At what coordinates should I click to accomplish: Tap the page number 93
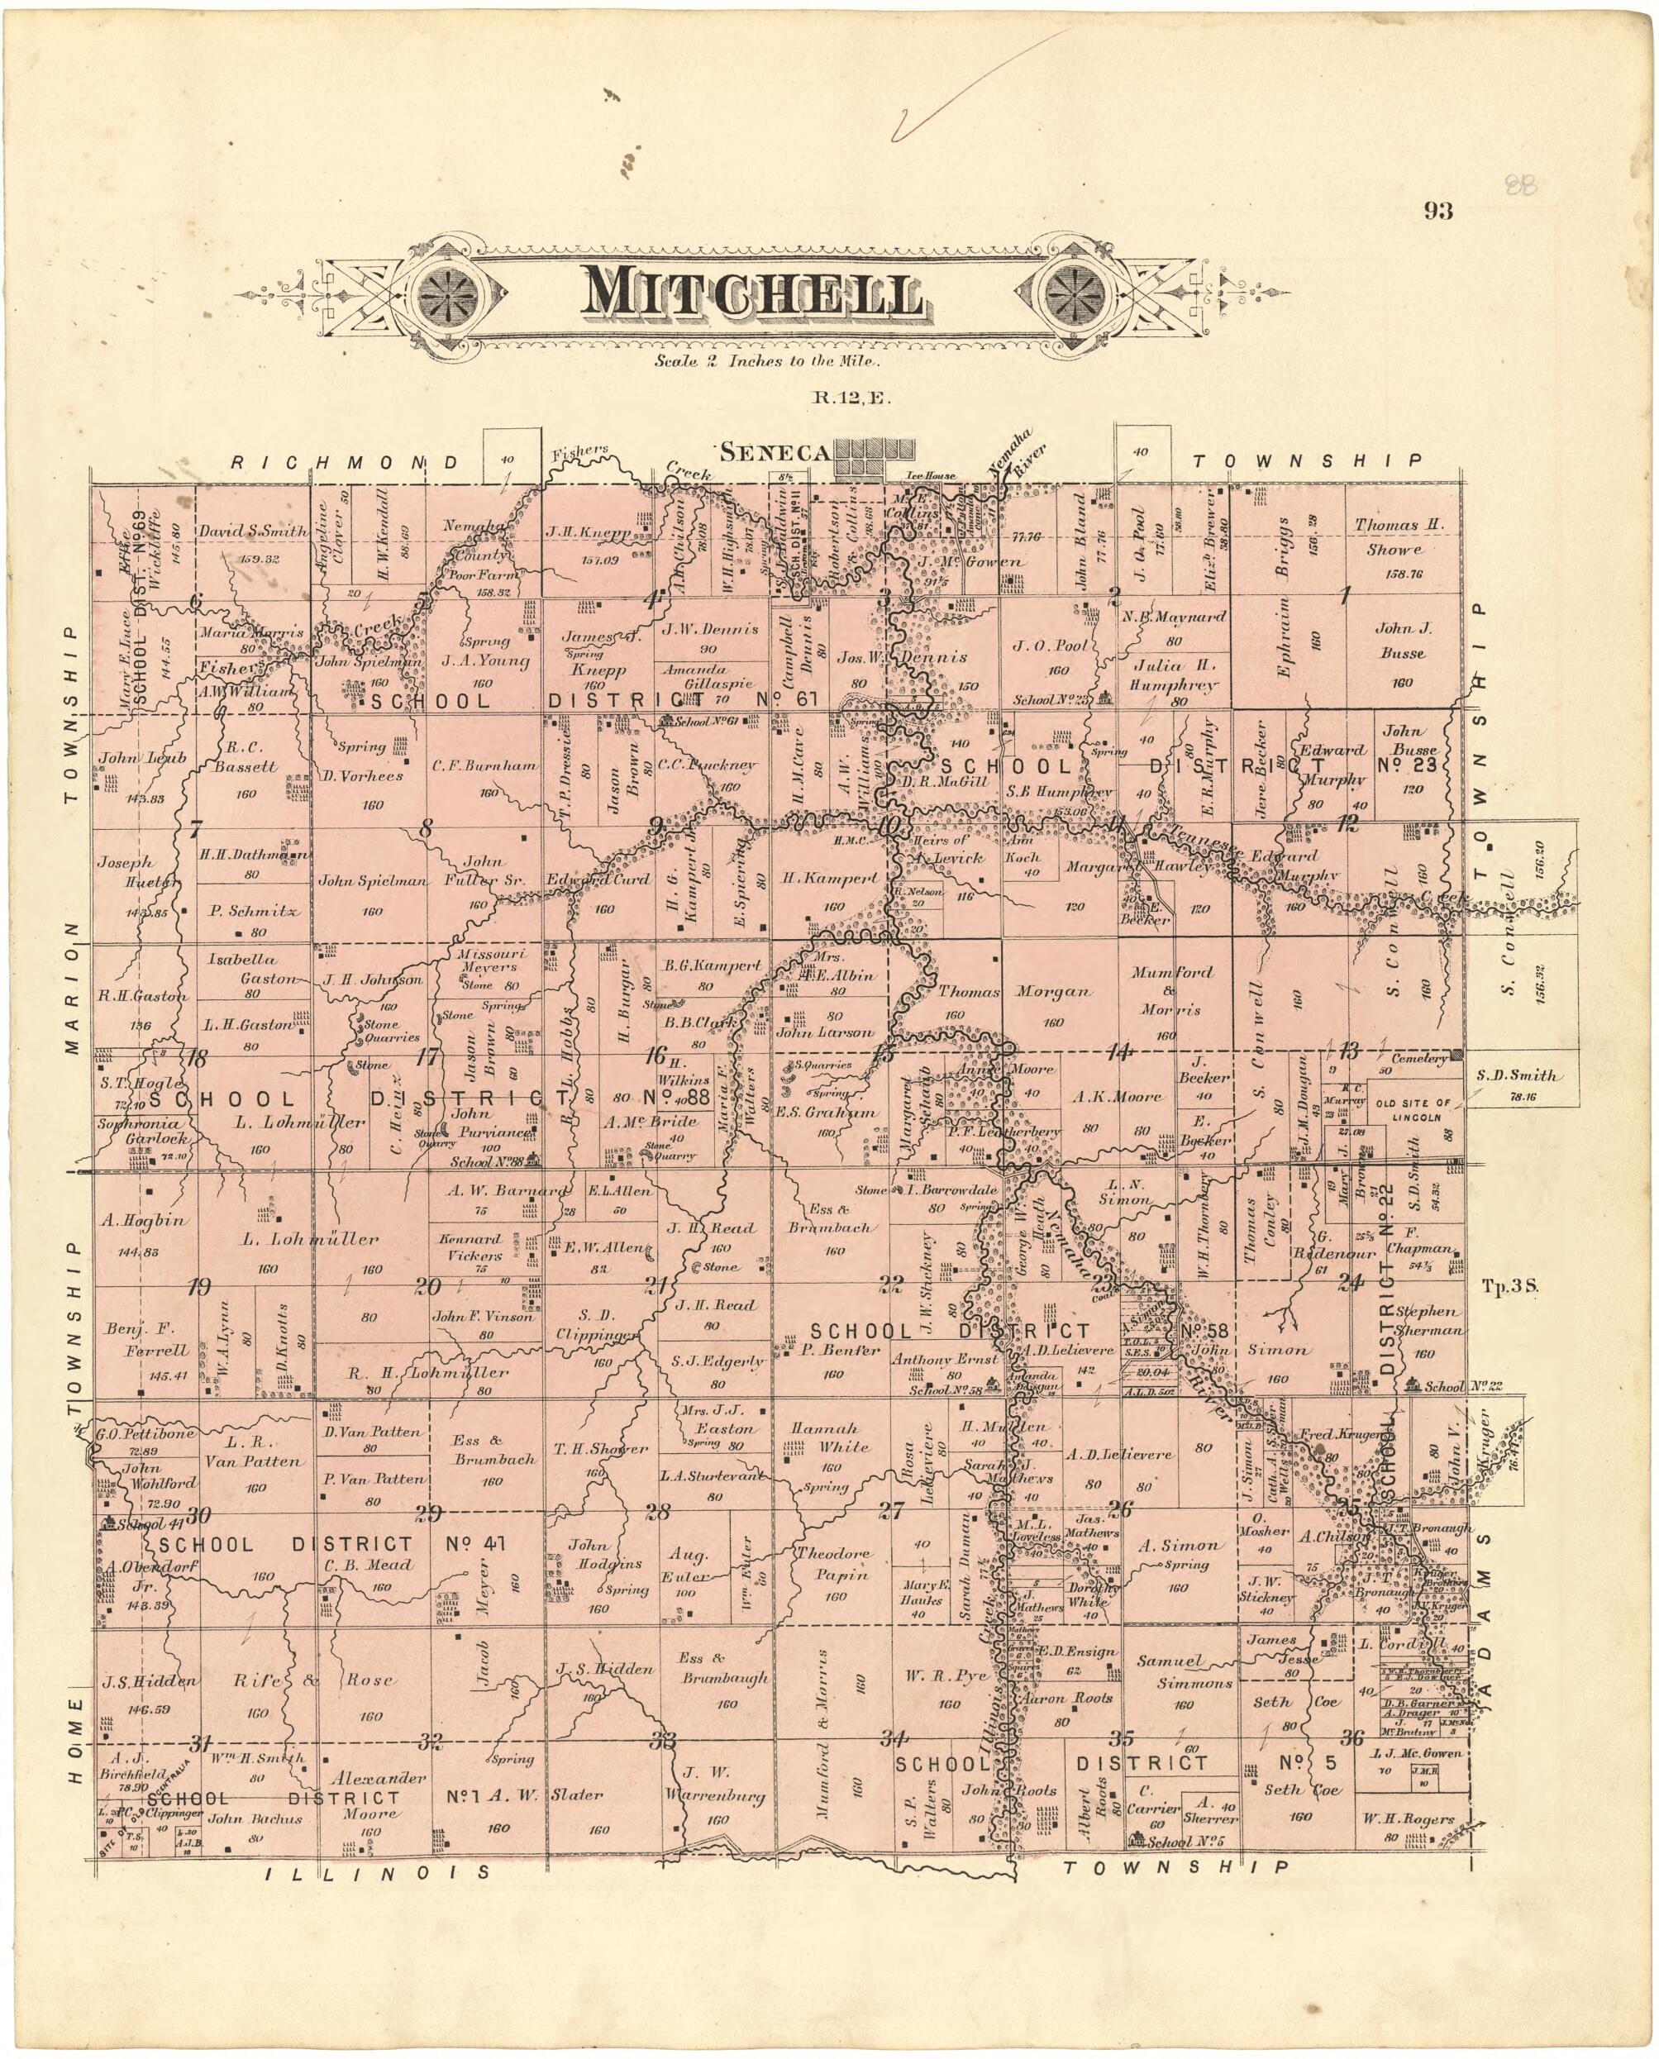tap(1437, 211)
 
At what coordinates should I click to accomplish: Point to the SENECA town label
tap(775, 452)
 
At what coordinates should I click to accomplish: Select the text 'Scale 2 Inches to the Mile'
tap(765, 361)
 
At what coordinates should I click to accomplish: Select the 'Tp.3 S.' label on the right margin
tap(1509, 1285)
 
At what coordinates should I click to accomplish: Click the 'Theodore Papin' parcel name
tap(834, 1563)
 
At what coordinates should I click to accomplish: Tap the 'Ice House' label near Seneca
tap(931, 474)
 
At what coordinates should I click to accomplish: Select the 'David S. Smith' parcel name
tap(252, 531)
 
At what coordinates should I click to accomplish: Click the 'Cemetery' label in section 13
tap(1418, 1059)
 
